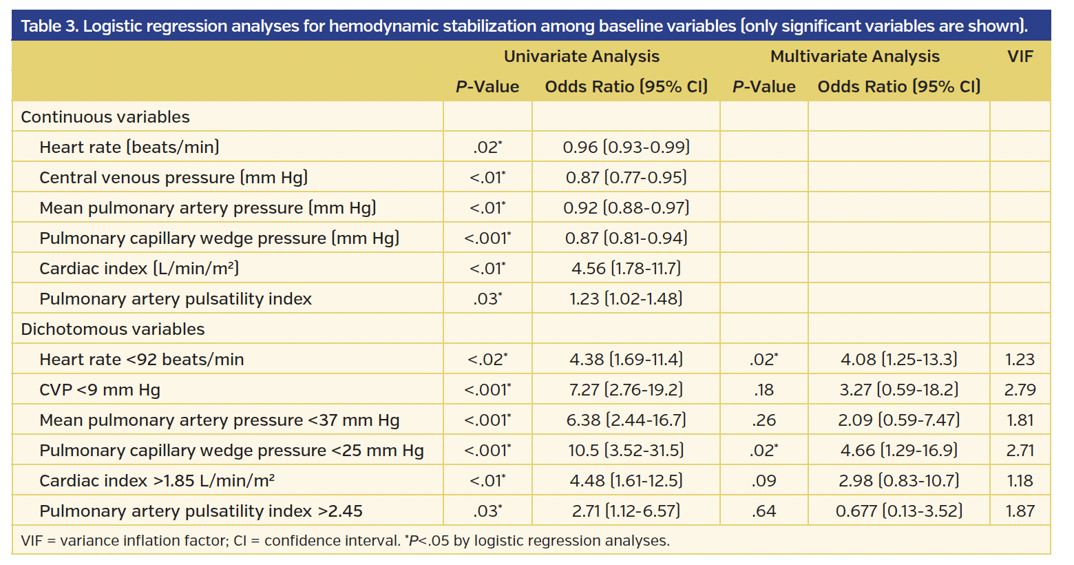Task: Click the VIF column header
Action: coord(1020,56)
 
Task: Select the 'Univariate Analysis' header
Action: coord(581,56)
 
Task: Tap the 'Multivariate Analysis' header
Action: coord(854,56)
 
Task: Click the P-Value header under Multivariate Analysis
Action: coord(764,87)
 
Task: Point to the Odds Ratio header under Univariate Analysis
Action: coord(626,87)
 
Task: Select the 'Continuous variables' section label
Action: coord(105,117)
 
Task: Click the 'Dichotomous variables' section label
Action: coord(113,329)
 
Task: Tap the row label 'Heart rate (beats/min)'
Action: coord(129,147)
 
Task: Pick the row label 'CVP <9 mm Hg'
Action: coord(100,390)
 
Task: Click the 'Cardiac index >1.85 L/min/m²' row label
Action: coord(157,481)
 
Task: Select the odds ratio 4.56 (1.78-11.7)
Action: coord(626,269)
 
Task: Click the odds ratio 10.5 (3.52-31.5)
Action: coord(626,451)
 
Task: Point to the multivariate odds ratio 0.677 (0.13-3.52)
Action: coord(898,511)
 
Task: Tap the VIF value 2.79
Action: coord(1020,390)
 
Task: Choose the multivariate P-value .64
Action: coord(764,511)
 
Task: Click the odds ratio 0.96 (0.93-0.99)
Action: coord(626,147)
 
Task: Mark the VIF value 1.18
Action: coord(1020,481)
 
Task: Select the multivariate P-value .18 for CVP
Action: coord(764,390)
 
